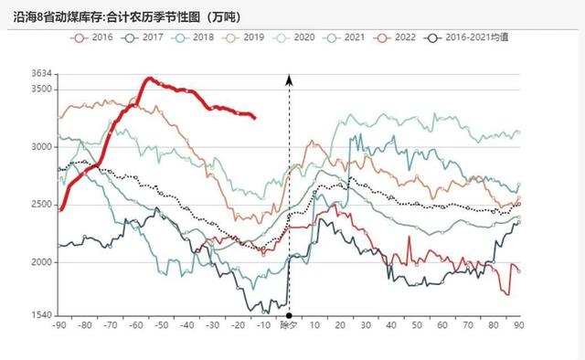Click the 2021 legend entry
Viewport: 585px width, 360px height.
[x=366, y=37]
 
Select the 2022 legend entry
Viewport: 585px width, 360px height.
[x=421, y=37]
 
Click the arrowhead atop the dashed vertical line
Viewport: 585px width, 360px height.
[x=289, y=79]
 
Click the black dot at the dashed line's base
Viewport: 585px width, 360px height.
[x=289, y=315]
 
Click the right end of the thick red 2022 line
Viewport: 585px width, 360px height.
[x=254, y=117]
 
